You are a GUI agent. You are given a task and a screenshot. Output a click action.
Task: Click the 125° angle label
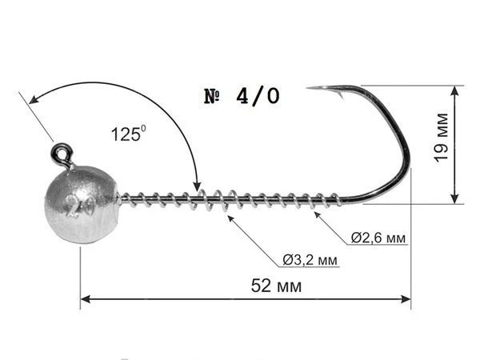(x=128, y=134)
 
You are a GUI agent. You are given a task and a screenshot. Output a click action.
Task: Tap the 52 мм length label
(x=276, y=286)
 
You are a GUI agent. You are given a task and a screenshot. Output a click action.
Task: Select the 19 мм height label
(x=441, y=138)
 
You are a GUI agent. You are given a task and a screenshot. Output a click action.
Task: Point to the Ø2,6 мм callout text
(x=378, y=238)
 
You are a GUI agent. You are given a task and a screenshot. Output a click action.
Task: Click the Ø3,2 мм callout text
(x=310, y=260)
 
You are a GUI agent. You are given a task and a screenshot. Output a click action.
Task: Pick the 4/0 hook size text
(x=258, y=97)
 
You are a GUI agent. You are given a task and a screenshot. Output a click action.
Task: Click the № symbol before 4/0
(x=212, y=97)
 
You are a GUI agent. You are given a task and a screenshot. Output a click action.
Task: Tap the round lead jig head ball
(x=81, y=205)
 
